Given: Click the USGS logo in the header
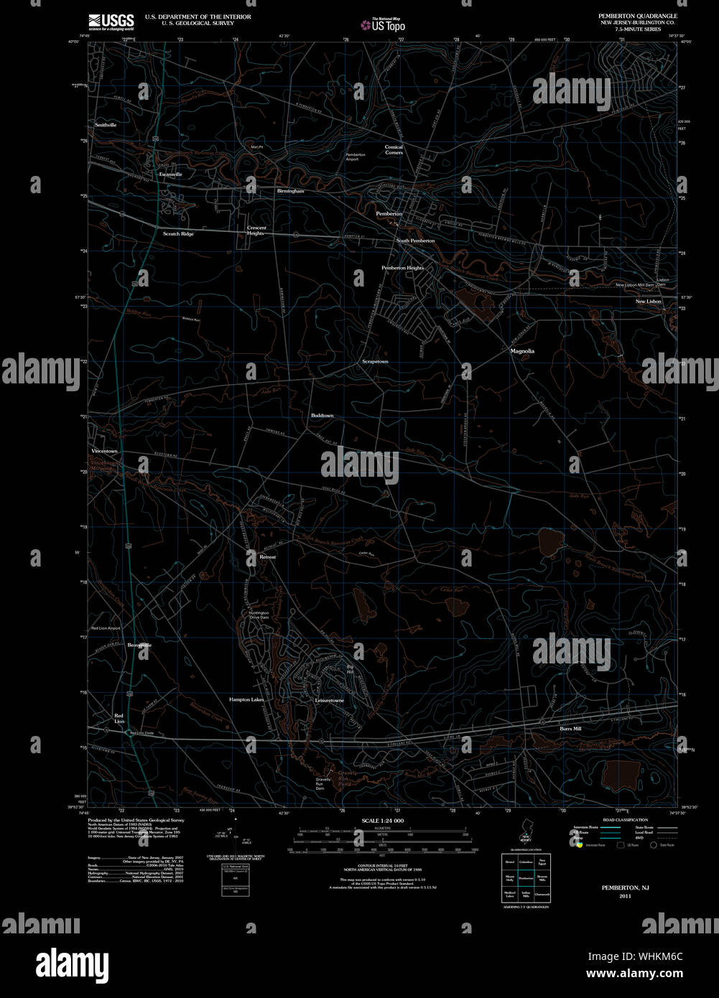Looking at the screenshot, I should [x=111, y=22].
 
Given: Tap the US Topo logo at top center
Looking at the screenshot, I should [x=384, y=25].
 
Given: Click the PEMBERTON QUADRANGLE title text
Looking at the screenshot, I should [x=638, y=16].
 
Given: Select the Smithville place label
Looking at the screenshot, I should [x=106, y=125].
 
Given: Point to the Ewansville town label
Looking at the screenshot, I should [x=170, y=174].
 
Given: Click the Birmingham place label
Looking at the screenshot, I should [x=290, y=192].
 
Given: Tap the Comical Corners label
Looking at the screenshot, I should [x=394, y=150].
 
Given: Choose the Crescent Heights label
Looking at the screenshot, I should [x=256, y=230].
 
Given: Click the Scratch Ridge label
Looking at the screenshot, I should [x=178, y=234].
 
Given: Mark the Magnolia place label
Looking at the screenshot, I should [x=522, y=351].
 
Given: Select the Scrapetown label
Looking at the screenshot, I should [x=375, y=362].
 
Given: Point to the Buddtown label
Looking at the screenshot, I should [x=323, y=416].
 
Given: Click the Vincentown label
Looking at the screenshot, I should [x=104, y=451].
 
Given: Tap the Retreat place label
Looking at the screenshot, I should [x=267, y=557].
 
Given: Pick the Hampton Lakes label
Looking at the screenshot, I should [x=246, y=699].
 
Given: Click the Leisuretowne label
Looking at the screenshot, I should [x=330, y=700].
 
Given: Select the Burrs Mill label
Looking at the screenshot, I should [x=570, y=729].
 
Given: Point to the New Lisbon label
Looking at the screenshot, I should [x=648, y=302].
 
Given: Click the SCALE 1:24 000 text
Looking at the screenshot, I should [x=382, y=821].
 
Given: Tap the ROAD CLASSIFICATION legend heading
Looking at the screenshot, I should [x=625, y=820].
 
